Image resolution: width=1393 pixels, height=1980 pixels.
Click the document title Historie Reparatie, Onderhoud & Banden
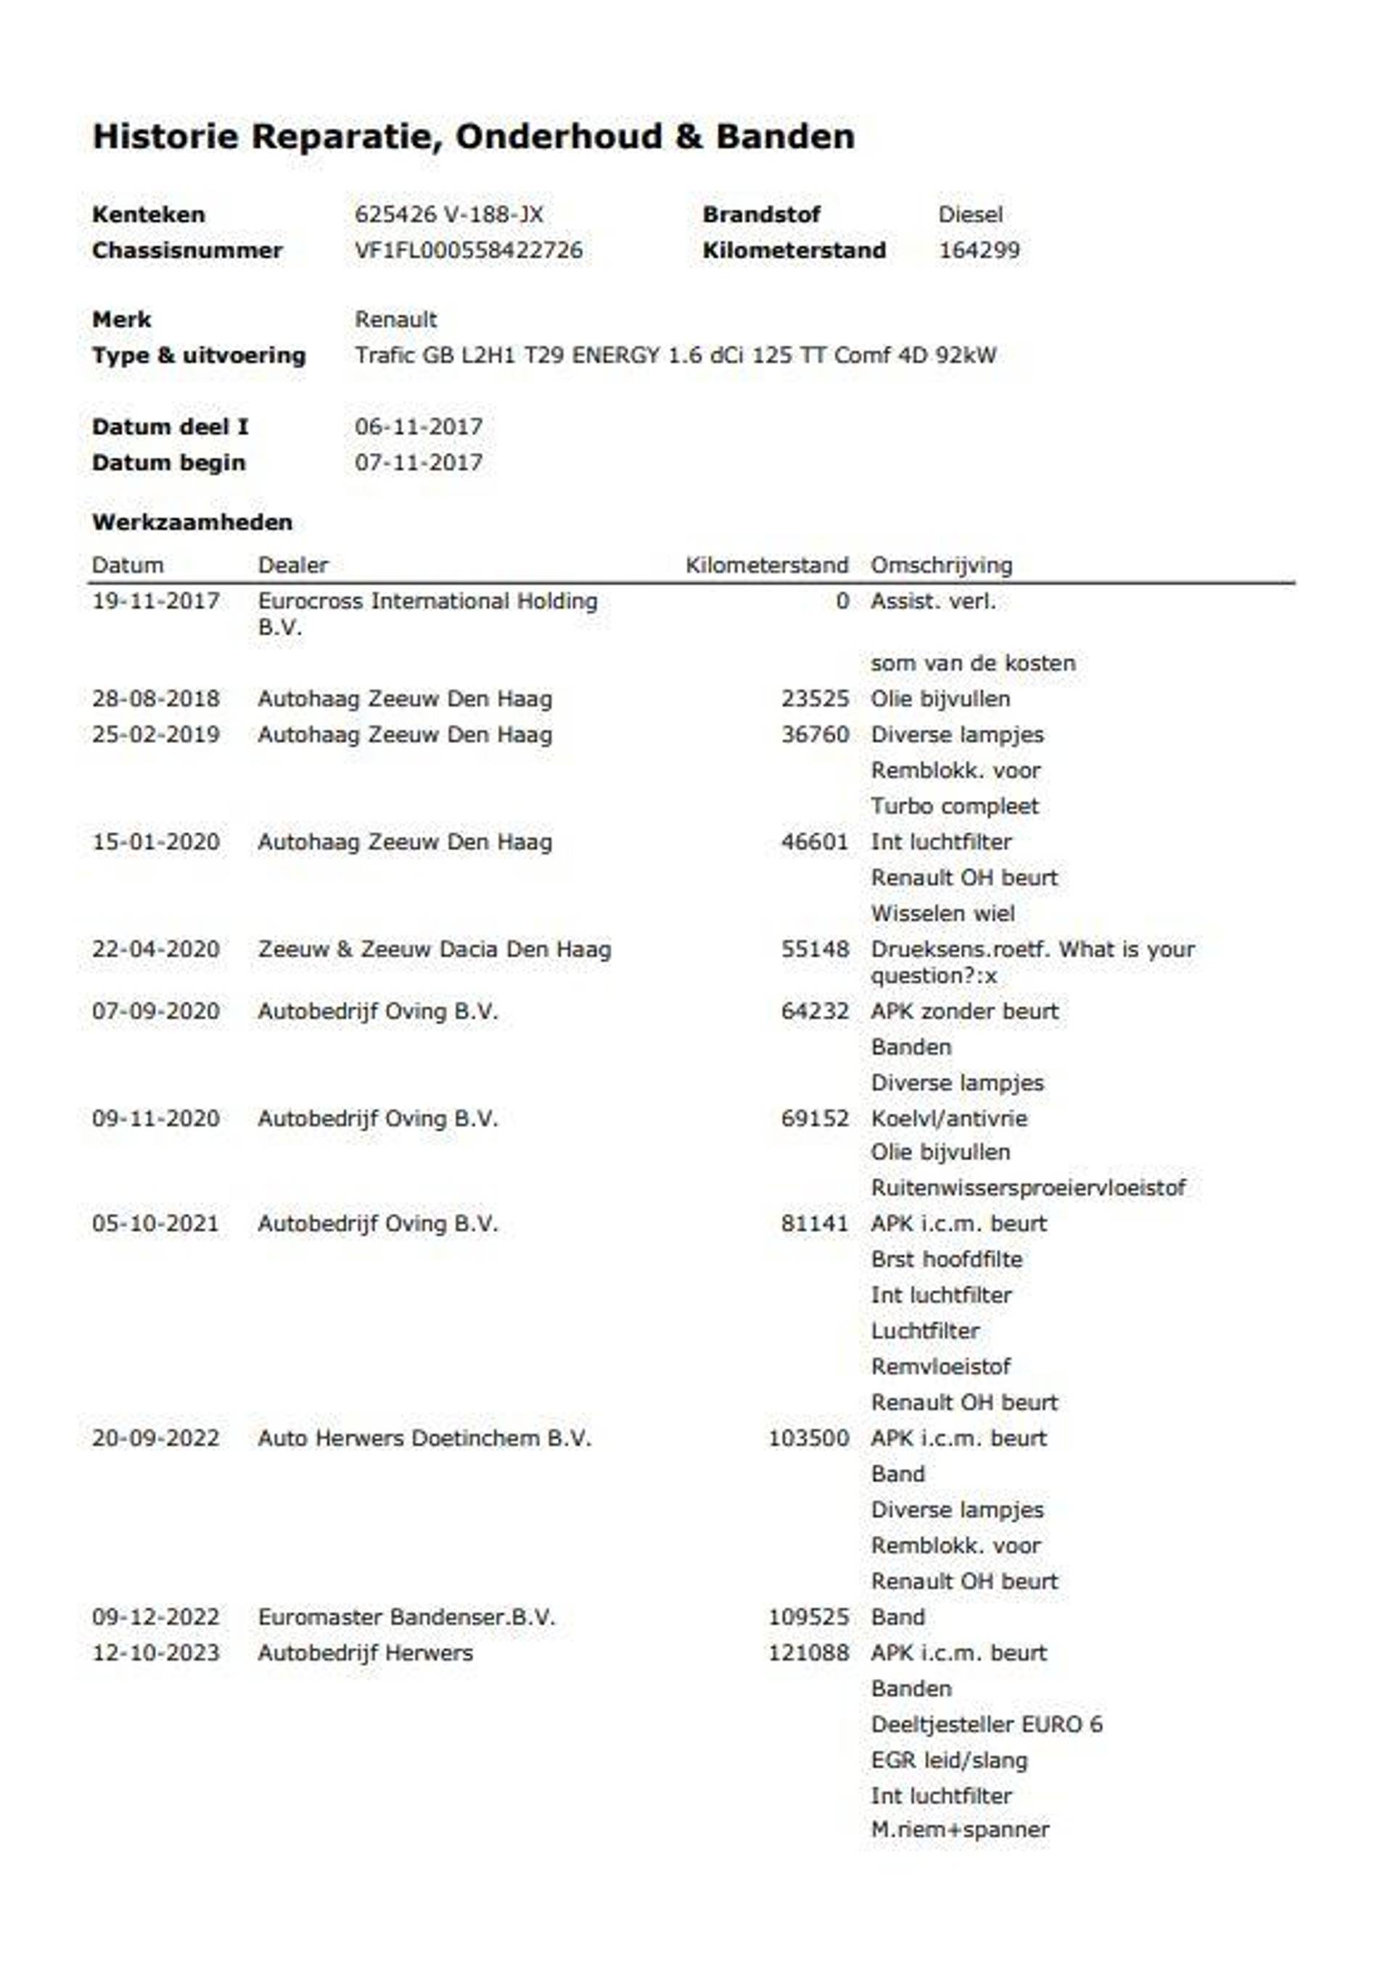click(472, 136)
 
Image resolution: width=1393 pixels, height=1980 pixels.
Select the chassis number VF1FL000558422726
click(469, 250)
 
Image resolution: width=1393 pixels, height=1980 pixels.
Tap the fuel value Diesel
click(970, 214)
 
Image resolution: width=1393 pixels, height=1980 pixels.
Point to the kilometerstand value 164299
click(979, 250)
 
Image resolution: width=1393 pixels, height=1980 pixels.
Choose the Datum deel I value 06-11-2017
click(419, 426)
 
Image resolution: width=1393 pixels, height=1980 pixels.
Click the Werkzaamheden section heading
click(192, 522)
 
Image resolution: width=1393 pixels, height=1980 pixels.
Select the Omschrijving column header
click(941, 565)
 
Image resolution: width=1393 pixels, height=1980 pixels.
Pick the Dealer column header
click(292, 565)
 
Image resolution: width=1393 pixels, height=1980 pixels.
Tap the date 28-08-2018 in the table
click(155, 699)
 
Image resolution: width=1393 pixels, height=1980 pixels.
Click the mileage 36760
click(814, 735)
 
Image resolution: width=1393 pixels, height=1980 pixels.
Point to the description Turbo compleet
click(954, 806)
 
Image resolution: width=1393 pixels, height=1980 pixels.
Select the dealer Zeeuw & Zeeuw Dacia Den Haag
click(434, 950)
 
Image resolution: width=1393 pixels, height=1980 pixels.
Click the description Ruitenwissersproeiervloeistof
click(1028, 1188)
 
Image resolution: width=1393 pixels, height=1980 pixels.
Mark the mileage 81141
click(814, 1224)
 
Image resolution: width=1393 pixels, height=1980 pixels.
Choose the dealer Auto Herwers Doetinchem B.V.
click(424, 1439)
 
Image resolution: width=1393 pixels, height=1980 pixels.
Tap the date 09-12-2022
click(155, 1617)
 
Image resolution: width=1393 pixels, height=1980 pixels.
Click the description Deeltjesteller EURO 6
click(986, 1725)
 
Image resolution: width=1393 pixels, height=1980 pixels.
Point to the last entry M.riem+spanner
click(959, 1829)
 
